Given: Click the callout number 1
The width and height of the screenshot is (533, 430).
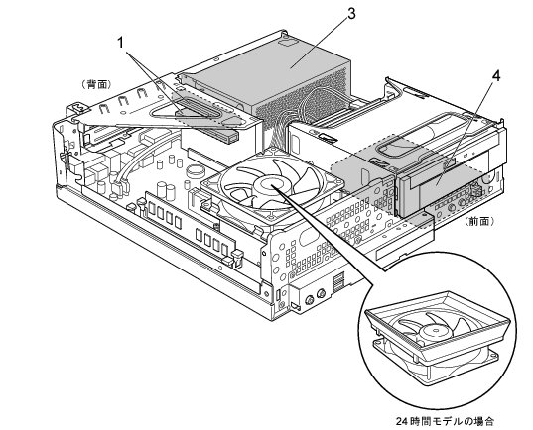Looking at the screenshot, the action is tap(121, 43).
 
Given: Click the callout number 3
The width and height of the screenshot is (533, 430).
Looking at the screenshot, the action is tap(351, 13).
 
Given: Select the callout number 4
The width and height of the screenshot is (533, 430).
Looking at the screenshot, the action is tap(496, 76).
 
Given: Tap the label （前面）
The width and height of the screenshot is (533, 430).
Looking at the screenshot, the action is tap(480, 221).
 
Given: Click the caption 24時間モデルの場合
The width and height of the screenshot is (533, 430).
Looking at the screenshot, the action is tap(445, 421).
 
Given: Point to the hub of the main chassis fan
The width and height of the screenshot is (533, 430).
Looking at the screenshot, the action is tap(271, 184).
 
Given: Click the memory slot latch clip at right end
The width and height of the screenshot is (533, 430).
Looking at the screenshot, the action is tap(237, 258).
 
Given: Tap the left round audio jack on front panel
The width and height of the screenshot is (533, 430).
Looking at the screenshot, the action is tap(310, 299).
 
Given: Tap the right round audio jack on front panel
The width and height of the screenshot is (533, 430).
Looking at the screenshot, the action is tap(322, 293).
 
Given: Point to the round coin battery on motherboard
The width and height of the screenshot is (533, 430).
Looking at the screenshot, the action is tap(195, 169).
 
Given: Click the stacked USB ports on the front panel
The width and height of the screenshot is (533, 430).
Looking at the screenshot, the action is tap(339, 281).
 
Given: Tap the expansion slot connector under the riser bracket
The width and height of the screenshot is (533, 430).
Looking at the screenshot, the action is tap(210, 135).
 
